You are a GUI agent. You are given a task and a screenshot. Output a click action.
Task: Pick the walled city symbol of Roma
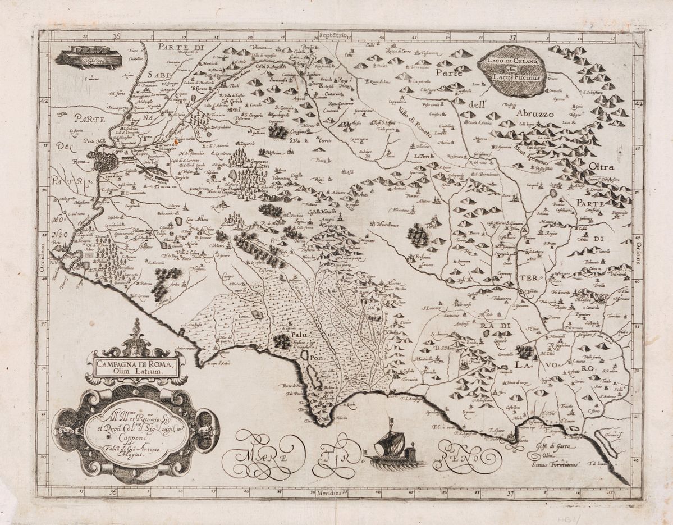pos(106,161)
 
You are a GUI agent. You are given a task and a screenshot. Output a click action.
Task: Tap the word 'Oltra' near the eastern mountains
pos(602,167)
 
